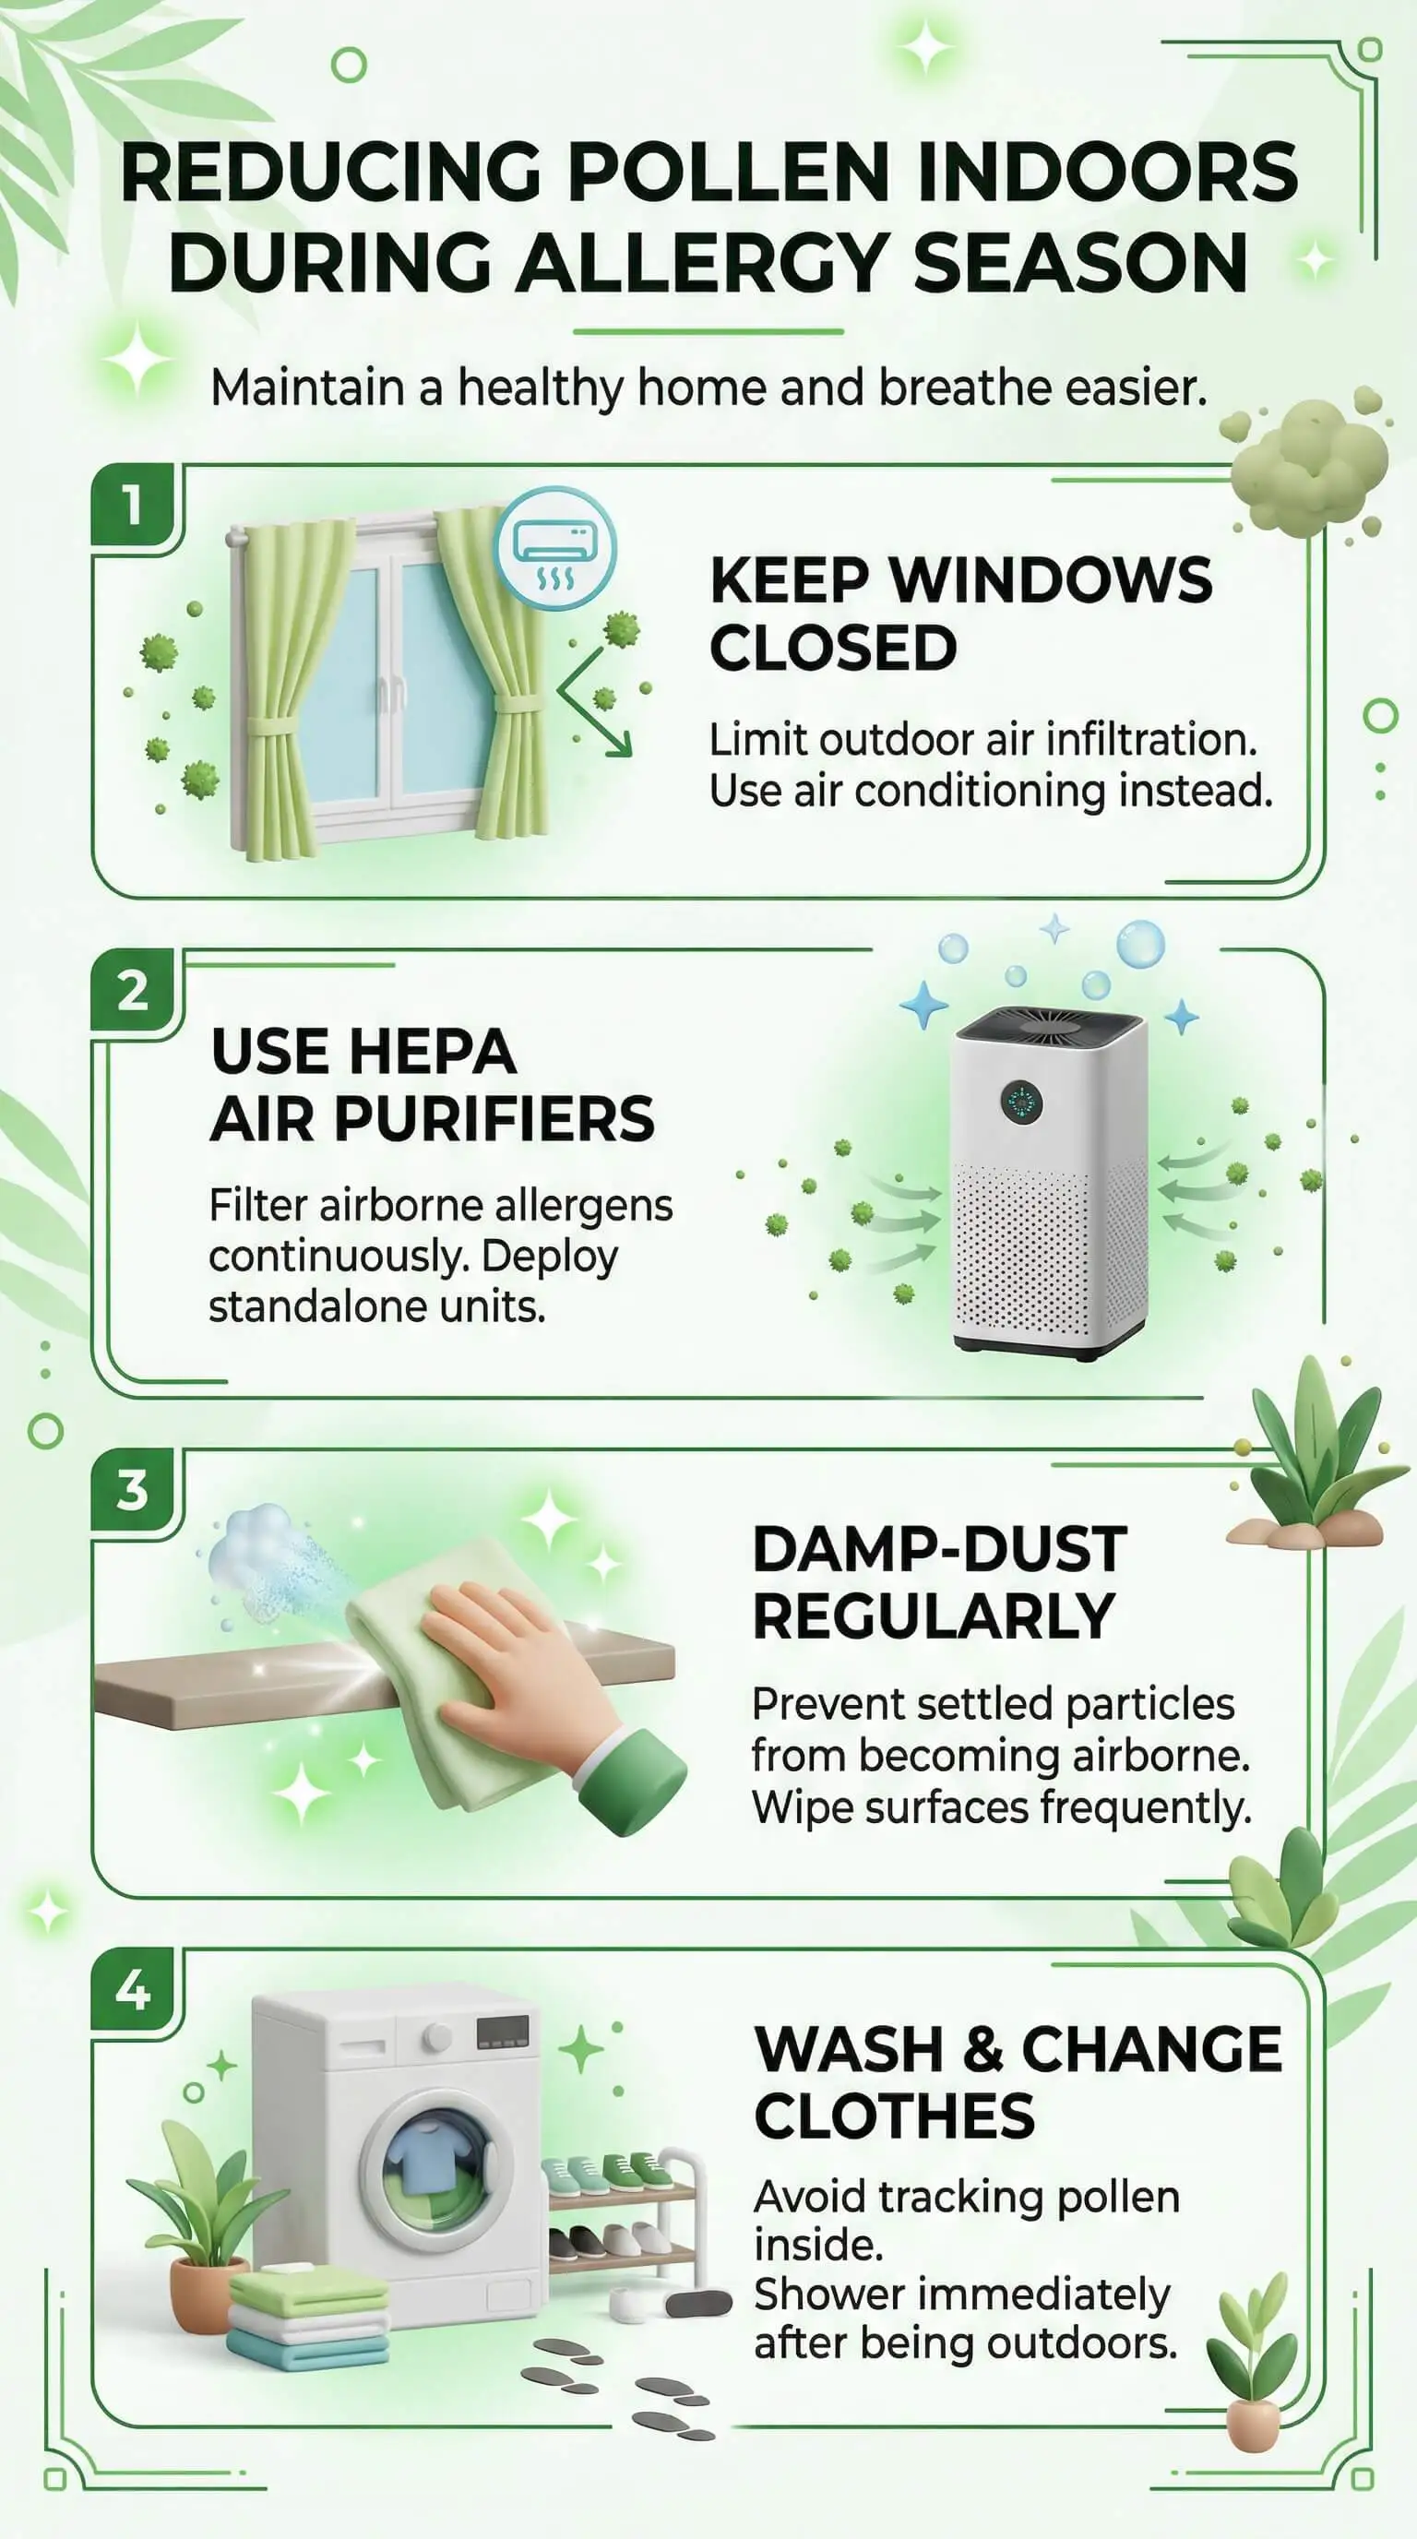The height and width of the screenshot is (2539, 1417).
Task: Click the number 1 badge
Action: coord(132,505)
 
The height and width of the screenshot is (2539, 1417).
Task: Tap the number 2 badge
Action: coord(132,991)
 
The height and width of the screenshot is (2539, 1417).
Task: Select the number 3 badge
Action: coord(132,1489)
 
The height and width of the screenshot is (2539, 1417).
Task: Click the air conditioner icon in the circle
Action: coord(554,548)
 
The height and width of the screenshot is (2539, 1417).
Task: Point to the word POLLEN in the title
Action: coord(728,173)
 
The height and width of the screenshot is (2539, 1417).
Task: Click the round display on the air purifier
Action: coord(1022,1101)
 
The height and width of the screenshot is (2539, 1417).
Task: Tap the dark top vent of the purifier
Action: coord(1052,1028)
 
